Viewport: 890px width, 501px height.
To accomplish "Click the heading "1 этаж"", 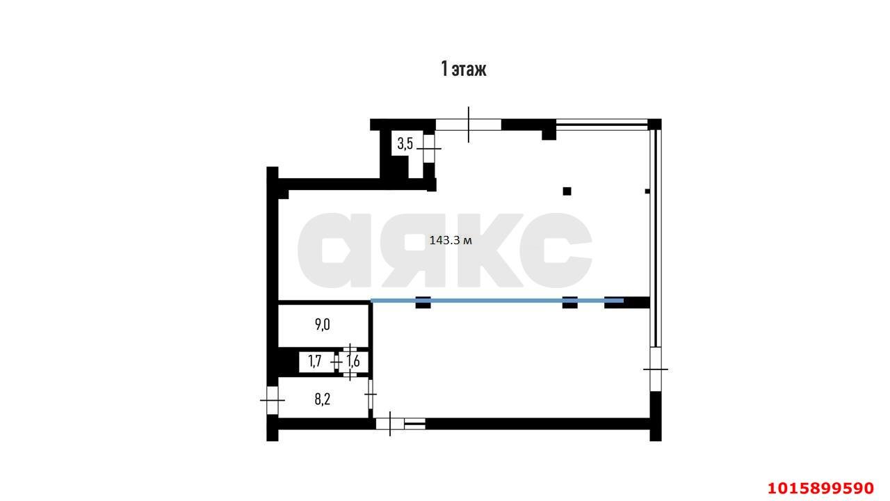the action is pyautogui.click(x=463, y=69).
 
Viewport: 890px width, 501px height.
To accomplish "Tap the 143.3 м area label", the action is pyautogui.click(x=451, y=240).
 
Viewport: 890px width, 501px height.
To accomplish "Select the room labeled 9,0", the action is pyautogui.click(x=322, y=325).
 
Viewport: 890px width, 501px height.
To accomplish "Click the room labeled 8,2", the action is pyautogui.click(x=322, y=399).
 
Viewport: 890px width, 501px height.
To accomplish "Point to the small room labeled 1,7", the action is pyautogui.click(x=315, y=361).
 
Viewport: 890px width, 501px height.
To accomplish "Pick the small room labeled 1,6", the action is pyautogui.click(x=353, y=361).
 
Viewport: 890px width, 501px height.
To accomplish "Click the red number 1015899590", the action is pyautogui.click(x=820, y=488).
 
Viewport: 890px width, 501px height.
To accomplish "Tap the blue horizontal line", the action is pyautogui.click(x=497, y=301).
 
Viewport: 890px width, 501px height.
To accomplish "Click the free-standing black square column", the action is pyautogui.click(x=567, y=191).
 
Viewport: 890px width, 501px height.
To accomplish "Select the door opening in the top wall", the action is pyautogui.click(x=469, y=125).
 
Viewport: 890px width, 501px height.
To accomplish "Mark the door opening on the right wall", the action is pyautogui.click(x=656, y=369).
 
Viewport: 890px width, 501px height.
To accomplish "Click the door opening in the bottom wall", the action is pyautogui.click(x=390, y=424).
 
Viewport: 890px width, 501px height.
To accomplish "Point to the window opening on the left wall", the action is pyautogui.click(x=272, y=400).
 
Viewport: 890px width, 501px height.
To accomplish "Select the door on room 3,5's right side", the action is pyautogui.click(x=429, y=149).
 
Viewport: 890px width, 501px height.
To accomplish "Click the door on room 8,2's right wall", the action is pyautogui.click(x=371, y=394).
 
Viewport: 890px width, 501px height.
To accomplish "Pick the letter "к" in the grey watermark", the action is pyautogui.click(x=490, y=250).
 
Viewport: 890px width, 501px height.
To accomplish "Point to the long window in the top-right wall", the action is pyautogui.click(x=601, y=125).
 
